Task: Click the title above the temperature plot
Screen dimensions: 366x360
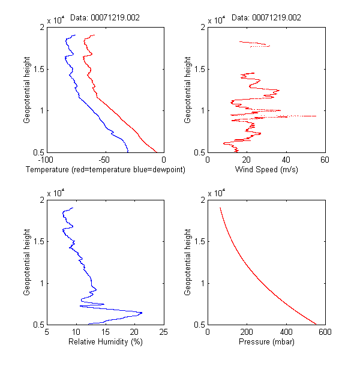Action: pos(105,17)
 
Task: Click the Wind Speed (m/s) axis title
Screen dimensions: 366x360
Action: pos(266,170)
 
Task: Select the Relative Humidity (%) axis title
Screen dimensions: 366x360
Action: pos(105,343)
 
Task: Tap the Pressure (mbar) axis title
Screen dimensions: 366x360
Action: pos(266,343)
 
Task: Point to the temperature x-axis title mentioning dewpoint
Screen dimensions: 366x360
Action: pos(105,170)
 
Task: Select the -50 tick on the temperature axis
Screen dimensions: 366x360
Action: pos(104,160)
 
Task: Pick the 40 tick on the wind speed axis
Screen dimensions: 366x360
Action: pos(286,160)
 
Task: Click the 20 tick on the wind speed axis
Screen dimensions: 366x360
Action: pos(247,160)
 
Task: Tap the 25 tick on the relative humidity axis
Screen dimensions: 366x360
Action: pos(163,332)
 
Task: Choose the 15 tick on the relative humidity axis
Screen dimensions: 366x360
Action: pos(105,332)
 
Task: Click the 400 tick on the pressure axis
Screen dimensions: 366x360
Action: pos(286,332)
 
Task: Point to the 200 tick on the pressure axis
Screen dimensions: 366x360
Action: pos(247,332)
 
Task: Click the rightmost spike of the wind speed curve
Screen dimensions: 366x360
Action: pos(316,116)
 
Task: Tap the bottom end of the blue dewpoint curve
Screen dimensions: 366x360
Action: pos(128,152)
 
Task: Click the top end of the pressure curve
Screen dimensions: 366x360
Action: pos(220,208)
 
